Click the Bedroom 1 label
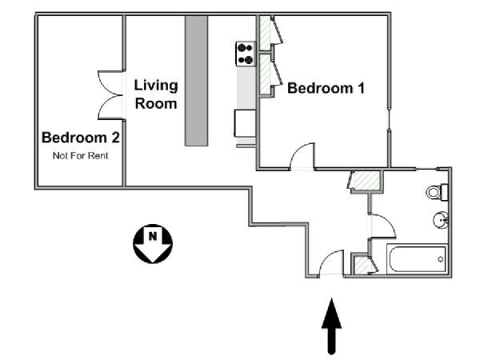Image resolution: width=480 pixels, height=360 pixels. point(326,88)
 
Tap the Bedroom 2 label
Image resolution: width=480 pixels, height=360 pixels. point(81,138)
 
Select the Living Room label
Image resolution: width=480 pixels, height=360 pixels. point(156,94)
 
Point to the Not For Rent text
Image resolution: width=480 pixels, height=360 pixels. point(81,155)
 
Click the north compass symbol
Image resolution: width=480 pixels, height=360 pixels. point(153,244)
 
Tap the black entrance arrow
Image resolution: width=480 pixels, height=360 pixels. point(331,326)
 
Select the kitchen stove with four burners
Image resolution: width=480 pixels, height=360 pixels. point(246,54)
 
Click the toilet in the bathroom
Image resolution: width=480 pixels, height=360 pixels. point(437,192)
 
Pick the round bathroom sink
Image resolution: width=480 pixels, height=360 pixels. point(441,219)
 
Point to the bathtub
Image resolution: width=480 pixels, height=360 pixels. point(417,259)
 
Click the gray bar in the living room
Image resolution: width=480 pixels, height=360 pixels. point(196,81)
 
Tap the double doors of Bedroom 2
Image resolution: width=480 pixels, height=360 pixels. point(110,95)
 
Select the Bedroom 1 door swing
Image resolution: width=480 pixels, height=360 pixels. point(302,156)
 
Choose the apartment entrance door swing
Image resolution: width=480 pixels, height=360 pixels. point(331,262)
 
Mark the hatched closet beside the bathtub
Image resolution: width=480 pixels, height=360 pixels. point(362,265)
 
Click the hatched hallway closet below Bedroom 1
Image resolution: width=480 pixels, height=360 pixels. point(366,181)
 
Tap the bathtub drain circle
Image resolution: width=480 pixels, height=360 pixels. point(441,259)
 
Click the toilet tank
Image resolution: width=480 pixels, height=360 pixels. point(445,192)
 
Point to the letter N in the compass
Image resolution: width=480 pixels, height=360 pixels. point(153,236)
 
